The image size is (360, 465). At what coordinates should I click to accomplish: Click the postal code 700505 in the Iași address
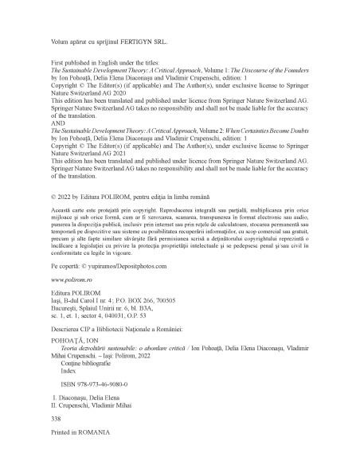[x=177, y=303]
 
